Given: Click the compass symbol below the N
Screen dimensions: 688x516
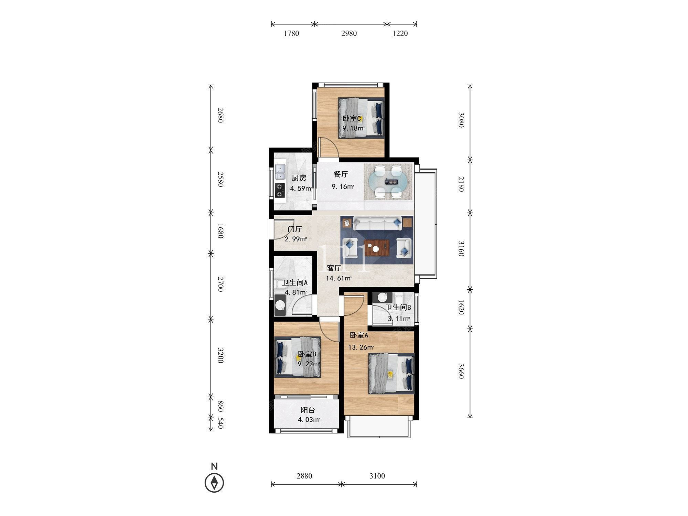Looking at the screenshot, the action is click(214, 483).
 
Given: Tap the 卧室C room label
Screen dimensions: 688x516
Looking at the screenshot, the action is click(352, 119).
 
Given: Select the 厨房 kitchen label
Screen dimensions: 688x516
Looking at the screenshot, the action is click(299, 178).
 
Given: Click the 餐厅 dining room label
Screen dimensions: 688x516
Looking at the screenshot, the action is click(341, 174).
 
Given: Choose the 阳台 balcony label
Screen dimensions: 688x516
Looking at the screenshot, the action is click(308, 410).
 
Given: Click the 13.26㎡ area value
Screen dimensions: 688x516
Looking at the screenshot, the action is click(361, 347).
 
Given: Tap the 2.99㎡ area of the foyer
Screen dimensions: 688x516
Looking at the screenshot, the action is click(296, 239).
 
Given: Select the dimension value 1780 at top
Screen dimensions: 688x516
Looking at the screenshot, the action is click(291, 33).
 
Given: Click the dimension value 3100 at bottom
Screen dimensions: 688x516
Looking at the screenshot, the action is click(377, 476).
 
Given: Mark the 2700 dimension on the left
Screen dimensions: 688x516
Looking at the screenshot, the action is click(221, 284).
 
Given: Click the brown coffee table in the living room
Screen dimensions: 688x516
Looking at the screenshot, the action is click(377, 248).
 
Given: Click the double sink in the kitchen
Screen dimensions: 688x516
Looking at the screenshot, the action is click(280, 172).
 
